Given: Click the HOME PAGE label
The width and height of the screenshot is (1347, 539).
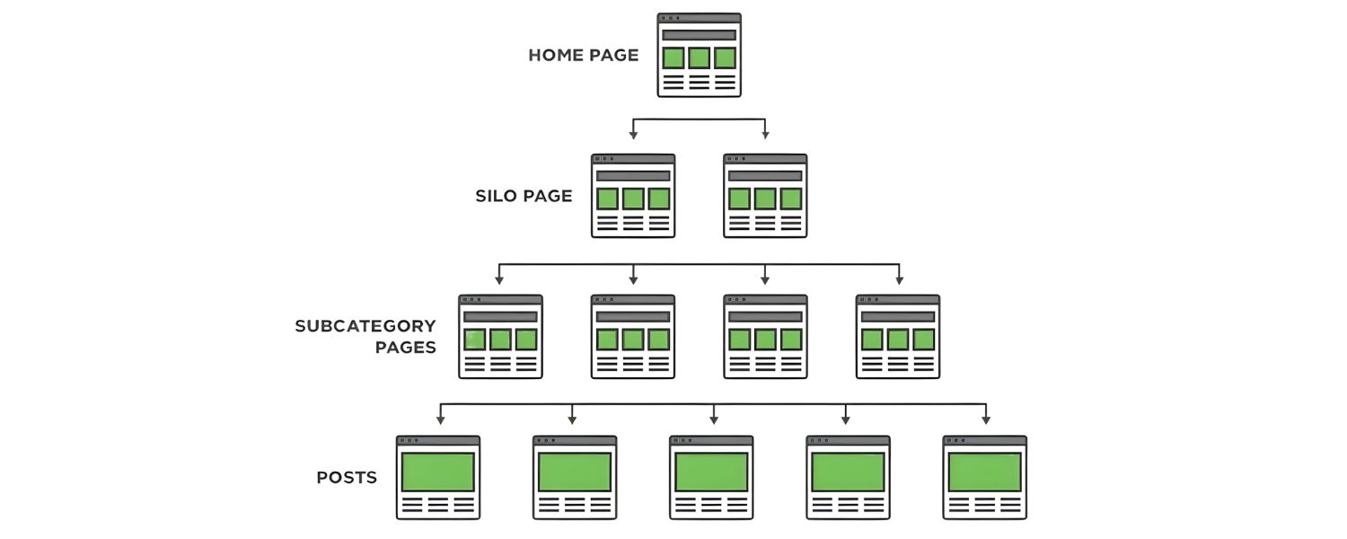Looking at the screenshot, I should coord(583,55).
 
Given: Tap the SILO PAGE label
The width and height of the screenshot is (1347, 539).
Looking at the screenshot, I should coord(524,196).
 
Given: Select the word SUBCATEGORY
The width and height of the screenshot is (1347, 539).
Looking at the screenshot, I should coord(365,325).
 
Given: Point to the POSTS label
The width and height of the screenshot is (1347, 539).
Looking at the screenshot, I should coord(347,478).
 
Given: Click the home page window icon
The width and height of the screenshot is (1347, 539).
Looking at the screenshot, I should coord(699,55).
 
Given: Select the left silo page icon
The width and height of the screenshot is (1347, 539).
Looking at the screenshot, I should coord(633,196).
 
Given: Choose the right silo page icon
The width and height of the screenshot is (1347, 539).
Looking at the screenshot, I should coord(765,196).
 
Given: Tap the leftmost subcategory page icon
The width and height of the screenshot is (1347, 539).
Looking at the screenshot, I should coord(500,337).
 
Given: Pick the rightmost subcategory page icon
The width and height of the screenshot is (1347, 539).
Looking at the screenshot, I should coord(898,337).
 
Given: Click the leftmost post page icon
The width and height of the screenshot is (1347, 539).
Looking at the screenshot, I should coord(438,478).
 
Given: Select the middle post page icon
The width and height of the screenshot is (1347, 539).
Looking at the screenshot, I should coord(711,478).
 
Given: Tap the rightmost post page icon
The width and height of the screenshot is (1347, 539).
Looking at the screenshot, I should coord(984,478).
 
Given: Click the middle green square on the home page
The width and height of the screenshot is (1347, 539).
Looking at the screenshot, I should coord(699,58).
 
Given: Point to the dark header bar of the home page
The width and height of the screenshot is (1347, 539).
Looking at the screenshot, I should coord(699,35).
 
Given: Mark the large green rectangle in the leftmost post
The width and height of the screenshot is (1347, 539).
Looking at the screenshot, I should coord(438,472).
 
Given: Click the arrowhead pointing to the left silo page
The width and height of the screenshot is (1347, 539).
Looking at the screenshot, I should coord(633,135).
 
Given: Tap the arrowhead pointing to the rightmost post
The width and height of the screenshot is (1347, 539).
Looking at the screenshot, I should coord(985,419).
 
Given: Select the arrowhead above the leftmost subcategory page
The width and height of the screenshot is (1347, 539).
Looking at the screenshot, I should coord(499,278).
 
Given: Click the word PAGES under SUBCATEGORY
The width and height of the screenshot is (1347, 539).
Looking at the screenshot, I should coord(406,348).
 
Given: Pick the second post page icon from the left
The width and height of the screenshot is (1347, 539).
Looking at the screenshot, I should coord(575,478).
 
